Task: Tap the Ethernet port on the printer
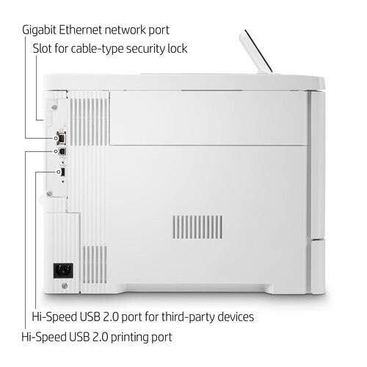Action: point(63,137)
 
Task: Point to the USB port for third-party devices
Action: point(63,172)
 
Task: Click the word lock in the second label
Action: point(178,49)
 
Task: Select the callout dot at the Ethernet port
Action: point(57,137)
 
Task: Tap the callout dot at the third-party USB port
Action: point(57,172)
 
